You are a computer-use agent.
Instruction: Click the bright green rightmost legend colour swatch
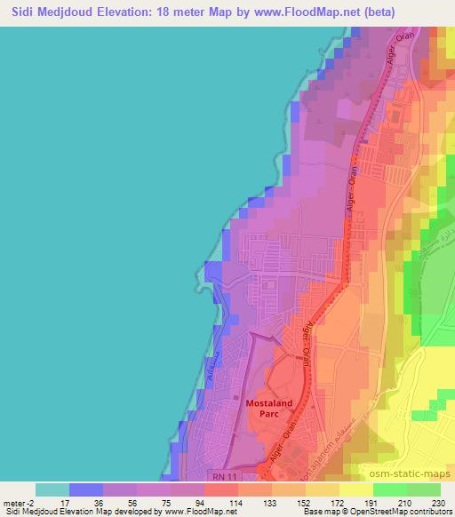(423, 489)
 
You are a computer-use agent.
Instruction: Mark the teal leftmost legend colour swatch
(52, 489)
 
